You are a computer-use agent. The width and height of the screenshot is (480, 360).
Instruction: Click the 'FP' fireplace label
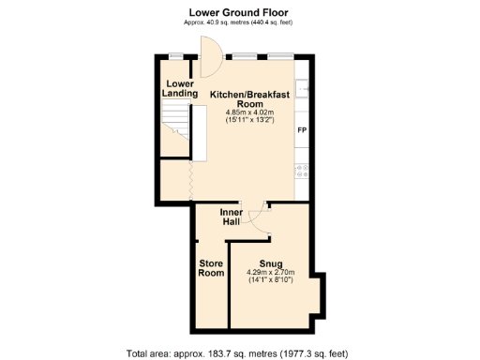click(x=302, y=129)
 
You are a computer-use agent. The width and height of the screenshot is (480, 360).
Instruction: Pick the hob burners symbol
click(x=302, y=170)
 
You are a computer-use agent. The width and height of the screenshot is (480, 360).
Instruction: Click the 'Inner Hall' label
click(x=231, y=217)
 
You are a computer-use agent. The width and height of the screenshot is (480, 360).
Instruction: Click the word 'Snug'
click(x=271, y=263)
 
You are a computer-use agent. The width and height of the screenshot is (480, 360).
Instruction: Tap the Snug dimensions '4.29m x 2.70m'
click(x=271, y=273)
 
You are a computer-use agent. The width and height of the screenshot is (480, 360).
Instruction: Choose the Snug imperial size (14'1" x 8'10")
click(x=271, y=280)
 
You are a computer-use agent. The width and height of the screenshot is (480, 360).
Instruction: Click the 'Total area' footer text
click(x=236, y=353)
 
